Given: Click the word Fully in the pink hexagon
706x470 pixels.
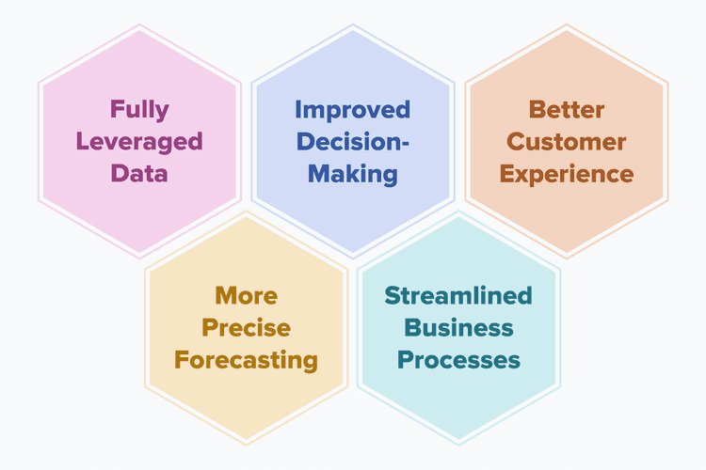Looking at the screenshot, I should [x=139, y=109].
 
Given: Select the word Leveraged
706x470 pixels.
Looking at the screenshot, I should [x=139, y=142].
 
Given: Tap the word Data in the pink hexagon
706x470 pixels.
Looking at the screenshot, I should [x=139, y=174].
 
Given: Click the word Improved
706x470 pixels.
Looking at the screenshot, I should [x=353, y=109].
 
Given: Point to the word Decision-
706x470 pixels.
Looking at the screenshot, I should [x=353, y=142].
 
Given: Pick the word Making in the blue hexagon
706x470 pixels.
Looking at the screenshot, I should [x=353, y=174].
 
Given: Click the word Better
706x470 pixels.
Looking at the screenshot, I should [x=567, y=109].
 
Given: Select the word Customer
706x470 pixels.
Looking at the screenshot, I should [x=567, y=142].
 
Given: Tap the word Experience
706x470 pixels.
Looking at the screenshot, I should [x=567, y=174].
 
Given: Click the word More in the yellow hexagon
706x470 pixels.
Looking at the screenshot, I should [x=246, y=295].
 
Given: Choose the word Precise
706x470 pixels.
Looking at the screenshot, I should [x=246, y=328].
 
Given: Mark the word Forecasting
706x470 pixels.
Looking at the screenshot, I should [x=246, y=360].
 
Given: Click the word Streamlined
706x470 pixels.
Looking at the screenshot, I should [x=458, y=295].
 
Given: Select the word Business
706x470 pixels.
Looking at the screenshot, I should [x=458, y=328].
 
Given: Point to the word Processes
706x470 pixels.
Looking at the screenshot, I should [x=458, y=360].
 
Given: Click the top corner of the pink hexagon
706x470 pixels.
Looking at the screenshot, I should [x=139, y=26].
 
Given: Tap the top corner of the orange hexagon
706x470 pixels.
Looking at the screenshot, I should [x=567, y=26].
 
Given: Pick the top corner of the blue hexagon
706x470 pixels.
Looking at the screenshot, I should [x=353, y=26].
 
